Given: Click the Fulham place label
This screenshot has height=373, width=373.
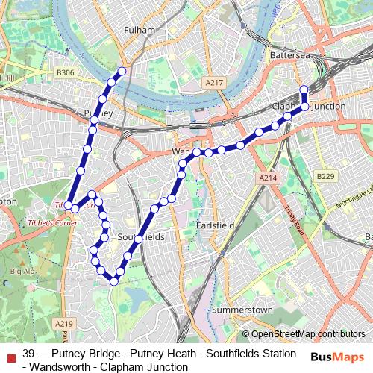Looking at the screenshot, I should point(140,30).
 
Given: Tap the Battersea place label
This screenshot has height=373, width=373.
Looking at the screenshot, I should point(289,55).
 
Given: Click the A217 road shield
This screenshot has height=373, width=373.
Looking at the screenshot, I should point(215,82).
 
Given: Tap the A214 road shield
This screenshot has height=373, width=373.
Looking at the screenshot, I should point(269,178).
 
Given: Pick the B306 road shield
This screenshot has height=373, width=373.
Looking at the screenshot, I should point(66,72).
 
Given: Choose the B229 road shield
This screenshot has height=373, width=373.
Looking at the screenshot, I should point(325,175).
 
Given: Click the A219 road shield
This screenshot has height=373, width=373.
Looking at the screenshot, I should point(64,323).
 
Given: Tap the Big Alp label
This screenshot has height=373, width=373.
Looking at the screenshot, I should point(22,272).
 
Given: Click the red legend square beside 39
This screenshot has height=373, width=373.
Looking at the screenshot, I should point(10,354).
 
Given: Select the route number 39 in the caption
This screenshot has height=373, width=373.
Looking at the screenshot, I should point(29,353).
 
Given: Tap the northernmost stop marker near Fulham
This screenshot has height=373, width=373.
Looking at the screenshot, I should point(122,71).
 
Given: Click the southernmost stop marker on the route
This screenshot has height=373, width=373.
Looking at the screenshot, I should point(113,281).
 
